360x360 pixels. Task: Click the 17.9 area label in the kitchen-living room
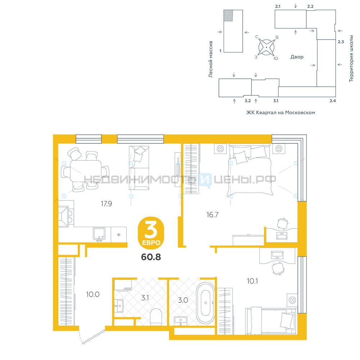pyautogui.click(x=106, y=204)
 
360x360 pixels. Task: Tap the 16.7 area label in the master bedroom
pyautogui.click(x=212, y=215)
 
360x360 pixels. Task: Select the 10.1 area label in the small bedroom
pyautogui.click(x=252, y=281)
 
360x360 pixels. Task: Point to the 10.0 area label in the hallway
pyautogui.click(x=93, y=294)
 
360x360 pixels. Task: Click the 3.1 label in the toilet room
pyautogui.click(x=145, y=298)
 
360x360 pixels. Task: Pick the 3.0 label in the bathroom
pyautogui.click(x=183, y=300)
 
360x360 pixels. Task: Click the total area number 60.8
pyautogui.click(x=151, y=257)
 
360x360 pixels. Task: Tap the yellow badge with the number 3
pyautogui.click(x=151, y=233)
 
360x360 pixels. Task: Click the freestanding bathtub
pyautogui.click(x=206, y=303)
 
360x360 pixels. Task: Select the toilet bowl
pyautogui.click(x=156, y=317)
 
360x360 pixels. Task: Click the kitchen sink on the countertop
pyautogui.click(x=99, y=234)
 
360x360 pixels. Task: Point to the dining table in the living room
pyautogui.click(x=86, y=171)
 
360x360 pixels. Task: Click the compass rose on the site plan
pyautogui.click(x=266, y=47)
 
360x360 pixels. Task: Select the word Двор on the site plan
pyautogui.click(x=297, y=57)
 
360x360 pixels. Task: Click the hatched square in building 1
pyautogui.click(x=228, y=15)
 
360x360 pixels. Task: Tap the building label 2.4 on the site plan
pyautogui.click(x=333, y=100)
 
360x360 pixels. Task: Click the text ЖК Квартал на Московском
pyautogui.click(x=280, y=112)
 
